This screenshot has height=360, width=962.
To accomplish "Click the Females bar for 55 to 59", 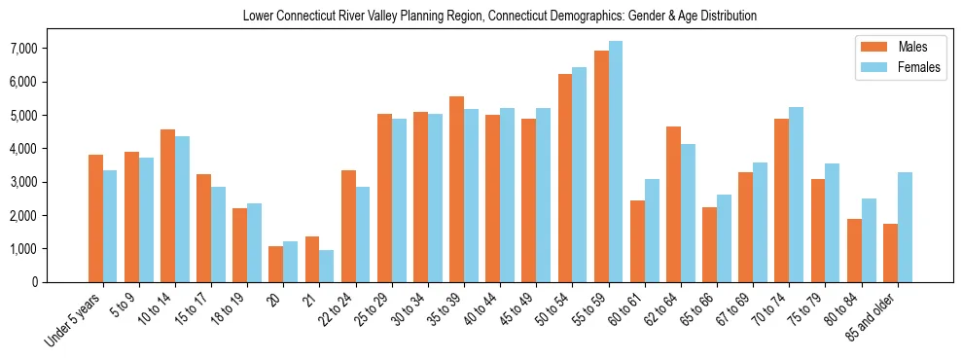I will click(615, 162).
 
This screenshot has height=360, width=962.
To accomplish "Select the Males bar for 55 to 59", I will click(601, 166).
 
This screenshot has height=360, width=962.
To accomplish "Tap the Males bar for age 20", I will click(276, 264).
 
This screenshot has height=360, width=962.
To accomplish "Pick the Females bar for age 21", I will click(326, 266).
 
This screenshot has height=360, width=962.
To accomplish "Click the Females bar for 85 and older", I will click(904, 227).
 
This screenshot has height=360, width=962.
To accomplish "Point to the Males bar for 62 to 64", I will click(673, 204).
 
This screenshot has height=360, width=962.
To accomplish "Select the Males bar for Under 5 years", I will click(95, 218).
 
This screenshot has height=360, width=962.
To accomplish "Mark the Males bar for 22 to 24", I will click(348, 226).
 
